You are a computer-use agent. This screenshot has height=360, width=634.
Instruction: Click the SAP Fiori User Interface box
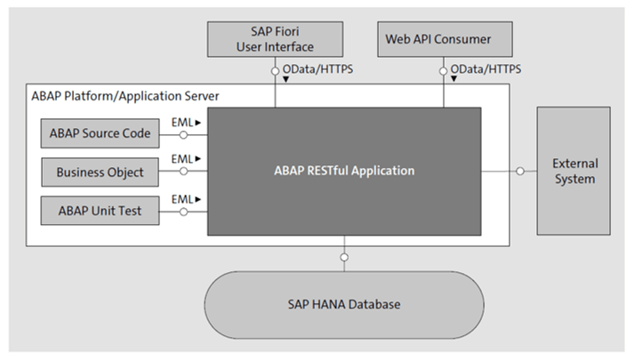pos(275,40)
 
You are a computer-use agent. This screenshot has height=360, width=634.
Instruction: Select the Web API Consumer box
pos(437,40)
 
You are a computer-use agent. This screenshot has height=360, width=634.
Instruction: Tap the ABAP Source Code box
pos(100,135)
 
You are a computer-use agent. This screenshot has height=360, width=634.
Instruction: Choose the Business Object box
pos(100,172)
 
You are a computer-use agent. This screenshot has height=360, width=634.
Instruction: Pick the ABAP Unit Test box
pos(100,211)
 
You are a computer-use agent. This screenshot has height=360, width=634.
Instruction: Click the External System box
pos(574,171)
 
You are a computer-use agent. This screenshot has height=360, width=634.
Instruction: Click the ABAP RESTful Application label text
pos(343,171)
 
